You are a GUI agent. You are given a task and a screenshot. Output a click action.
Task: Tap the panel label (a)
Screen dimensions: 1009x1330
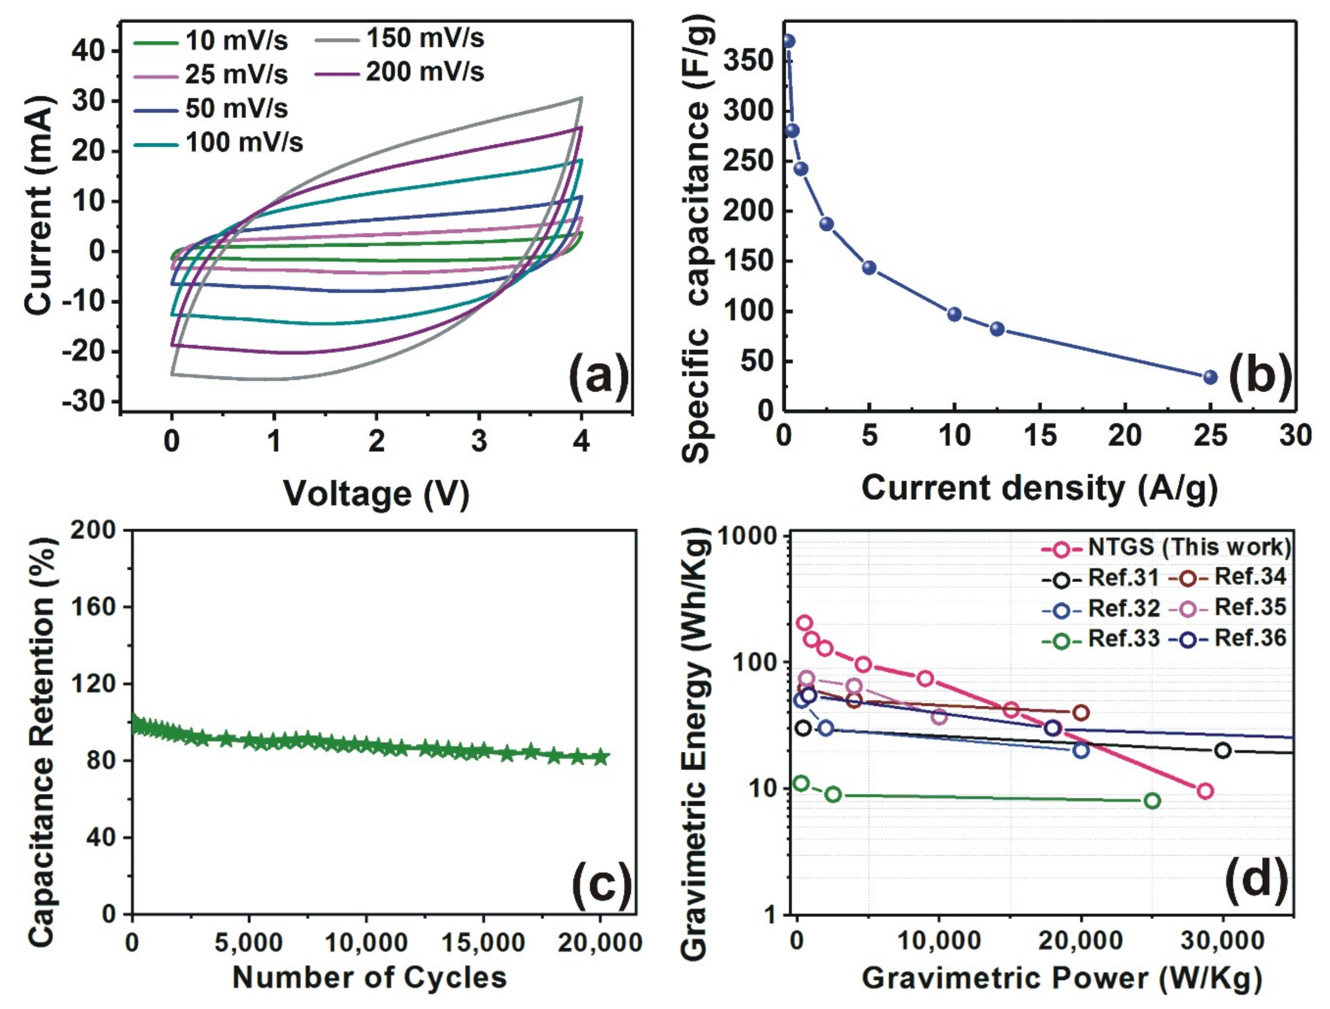598,378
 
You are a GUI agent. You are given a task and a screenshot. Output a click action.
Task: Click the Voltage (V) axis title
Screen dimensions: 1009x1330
376,494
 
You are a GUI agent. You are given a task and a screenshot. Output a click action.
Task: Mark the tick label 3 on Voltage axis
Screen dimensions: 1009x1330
479,442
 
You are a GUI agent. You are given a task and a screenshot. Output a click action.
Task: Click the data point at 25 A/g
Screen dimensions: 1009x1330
1211,377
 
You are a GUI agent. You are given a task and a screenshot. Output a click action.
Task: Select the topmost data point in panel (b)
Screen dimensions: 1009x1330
788,41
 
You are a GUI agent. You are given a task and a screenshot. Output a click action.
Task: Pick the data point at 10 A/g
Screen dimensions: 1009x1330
954,314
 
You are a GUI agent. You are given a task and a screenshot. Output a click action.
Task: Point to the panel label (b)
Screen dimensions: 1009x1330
1260,378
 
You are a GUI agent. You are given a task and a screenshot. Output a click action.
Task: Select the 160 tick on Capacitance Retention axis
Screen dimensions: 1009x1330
93,607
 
